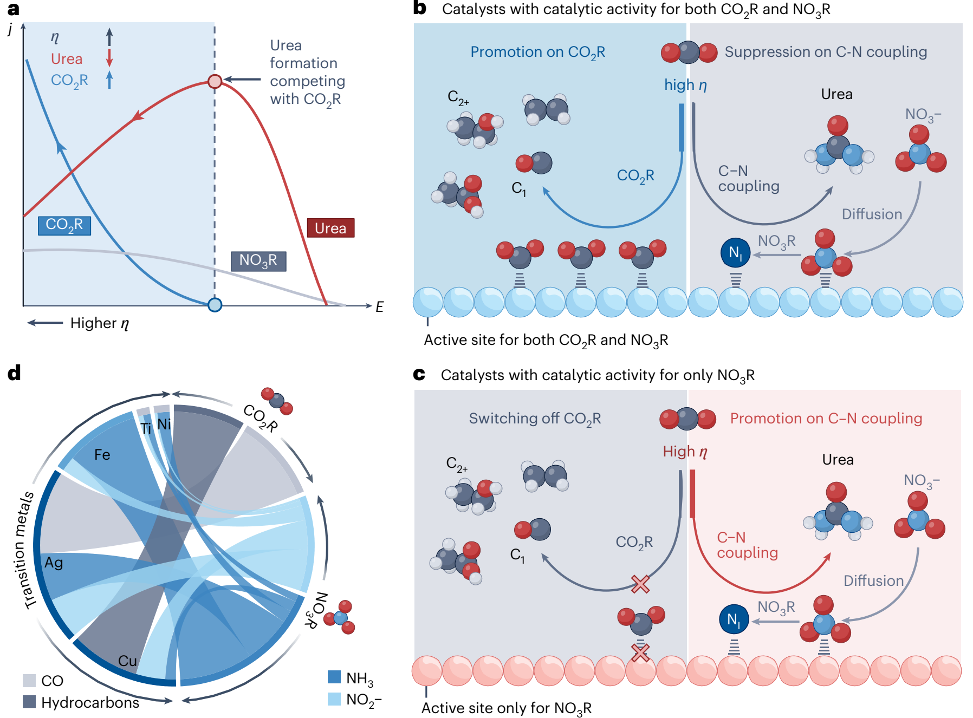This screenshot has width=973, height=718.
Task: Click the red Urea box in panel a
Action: click(x=330, y=228)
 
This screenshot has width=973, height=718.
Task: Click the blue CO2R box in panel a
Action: click(x=64, y=225)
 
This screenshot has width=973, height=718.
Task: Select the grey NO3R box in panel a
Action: click(x=258, y=261)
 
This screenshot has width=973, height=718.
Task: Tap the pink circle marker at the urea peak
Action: click(x=215, y=82)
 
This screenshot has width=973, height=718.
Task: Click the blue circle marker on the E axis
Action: click(x=215, y=305)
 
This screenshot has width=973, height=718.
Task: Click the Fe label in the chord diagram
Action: click(x=102, y=454)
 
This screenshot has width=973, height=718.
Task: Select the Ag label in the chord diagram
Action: click(x=54, y=563)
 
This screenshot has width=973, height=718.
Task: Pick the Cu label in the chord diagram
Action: click(x=127, y=661)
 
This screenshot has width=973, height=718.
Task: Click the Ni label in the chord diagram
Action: click(x=164, y=424)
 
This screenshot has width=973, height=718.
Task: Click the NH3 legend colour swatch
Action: click(x=334, y=677)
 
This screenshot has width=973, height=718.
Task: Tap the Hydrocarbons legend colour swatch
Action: click(x=29, y=702)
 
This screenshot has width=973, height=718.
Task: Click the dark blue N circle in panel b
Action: click(x=735, y=252)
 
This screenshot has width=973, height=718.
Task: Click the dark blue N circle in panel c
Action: click(x=734, y=619)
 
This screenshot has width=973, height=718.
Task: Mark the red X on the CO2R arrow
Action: click(x=640, y=584)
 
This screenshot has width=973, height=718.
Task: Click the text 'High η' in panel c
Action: click(x=685, y=452)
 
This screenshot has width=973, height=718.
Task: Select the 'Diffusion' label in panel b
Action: click(x=872, y=214)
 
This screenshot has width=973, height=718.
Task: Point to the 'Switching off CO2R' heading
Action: click(x=535, y=419)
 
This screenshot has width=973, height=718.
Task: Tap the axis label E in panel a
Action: click(x=379, y=307)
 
